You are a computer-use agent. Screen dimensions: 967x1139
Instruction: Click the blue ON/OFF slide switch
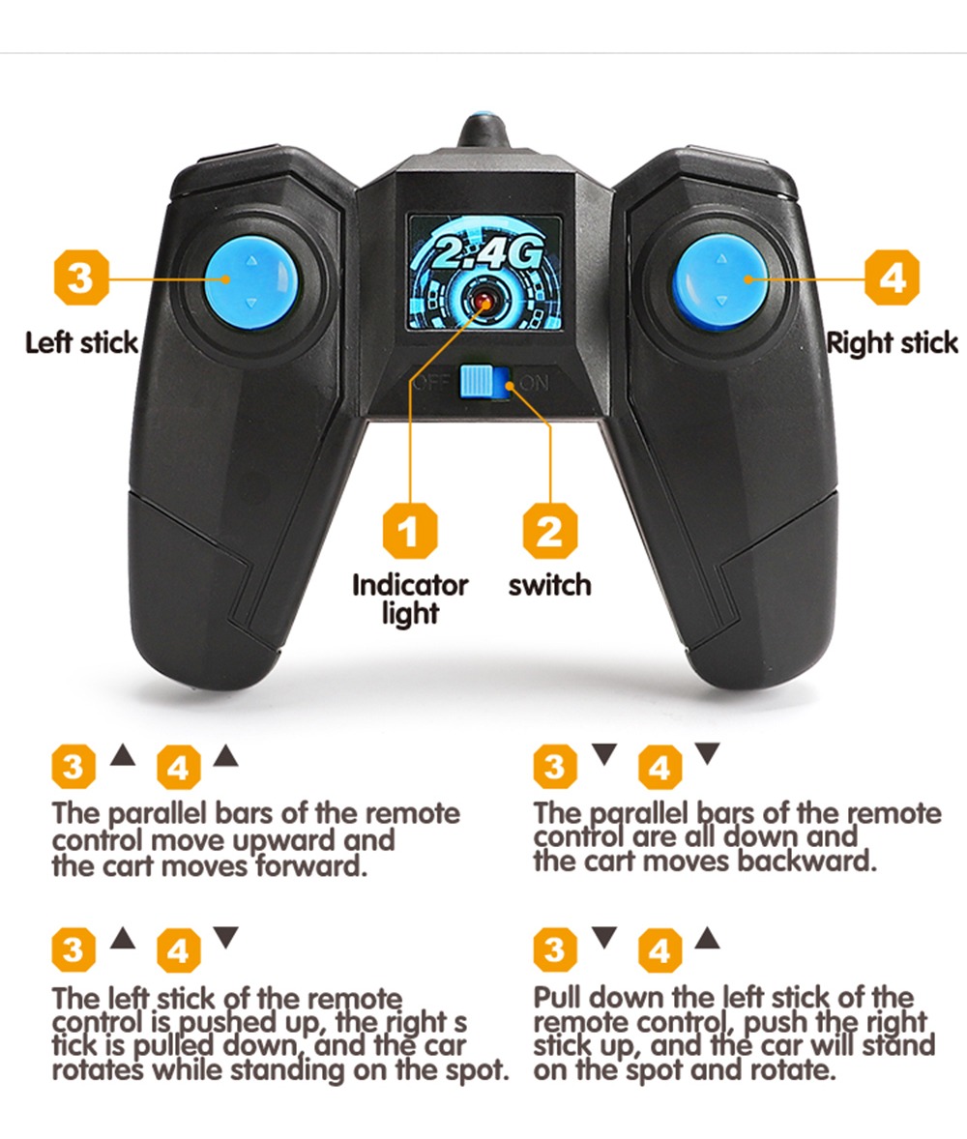[486, 381]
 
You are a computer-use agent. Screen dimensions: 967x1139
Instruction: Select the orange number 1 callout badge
[410, 531]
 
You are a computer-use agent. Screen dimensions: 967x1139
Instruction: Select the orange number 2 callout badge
[550, 531]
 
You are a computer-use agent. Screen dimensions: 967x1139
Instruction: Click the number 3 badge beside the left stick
[80, 277]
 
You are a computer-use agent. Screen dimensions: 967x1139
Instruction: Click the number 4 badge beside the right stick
[893, 277]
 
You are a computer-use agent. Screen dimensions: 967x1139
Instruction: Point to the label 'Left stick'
[81, 342]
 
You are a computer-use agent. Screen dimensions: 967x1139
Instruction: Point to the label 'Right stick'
[893, 342]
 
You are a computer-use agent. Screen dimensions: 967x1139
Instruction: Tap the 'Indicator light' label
[410, 599]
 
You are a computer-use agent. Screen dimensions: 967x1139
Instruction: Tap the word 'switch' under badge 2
[550, 585]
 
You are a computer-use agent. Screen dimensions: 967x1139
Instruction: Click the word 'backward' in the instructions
[807, 862]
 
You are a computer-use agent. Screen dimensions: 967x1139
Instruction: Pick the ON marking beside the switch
[535, 383]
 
